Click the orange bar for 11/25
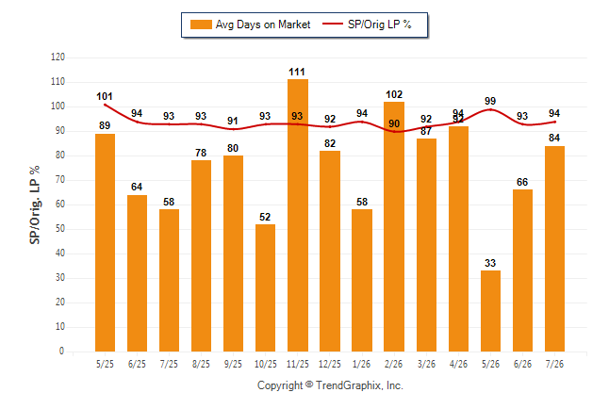(x=298, y=215)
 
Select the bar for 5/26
(x=490, y=311)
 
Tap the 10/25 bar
(x=265, y=287)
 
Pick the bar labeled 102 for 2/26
(x=394, y=226)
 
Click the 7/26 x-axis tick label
(x=554, y=364)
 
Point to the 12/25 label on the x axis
(x=329, y=364)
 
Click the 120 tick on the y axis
(x=58, y=57)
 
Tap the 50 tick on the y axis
(x=59, y=229)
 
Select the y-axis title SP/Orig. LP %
(x=35, y=204)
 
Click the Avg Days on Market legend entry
(x=250, y=25)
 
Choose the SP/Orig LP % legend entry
(x=367, y=25)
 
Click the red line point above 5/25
(x=105, y=105)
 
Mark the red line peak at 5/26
(x=490, y=109)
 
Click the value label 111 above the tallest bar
(x=297, y=72)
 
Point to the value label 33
(x=490, y=263)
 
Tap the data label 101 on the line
(x=105, y=96)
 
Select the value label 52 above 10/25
(x=265, y=217)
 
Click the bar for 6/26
(x=522, y=270)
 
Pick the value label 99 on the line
(x=490, y=101)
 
